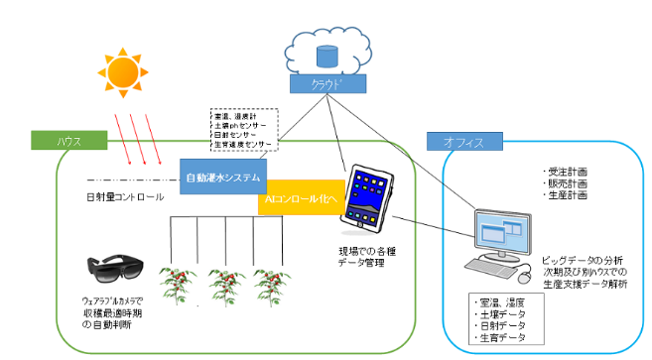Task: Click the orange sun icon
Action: pos(122,70)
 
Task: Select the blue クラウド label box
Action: pos(324,84)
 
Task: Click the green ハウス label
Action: pos(68,142)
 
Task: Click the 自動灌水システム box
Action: pos(224,179)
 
